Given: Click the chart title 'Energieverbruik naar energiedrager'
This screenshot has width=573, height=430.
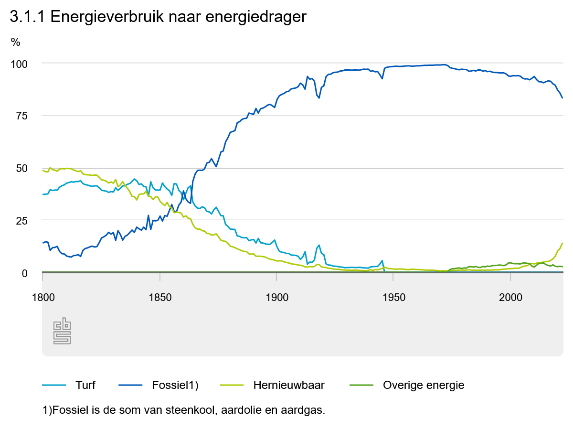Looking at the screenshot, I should click(158, 17).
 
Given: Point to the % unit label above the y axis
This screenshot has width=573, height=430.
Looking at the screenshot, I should click(16, 42).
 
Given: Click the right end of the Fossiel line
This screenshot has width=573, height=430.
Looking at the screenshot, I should click(562, 98).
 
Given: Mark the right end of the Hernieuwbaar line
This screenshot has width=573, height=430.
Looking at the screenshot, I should click(562, 243).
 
